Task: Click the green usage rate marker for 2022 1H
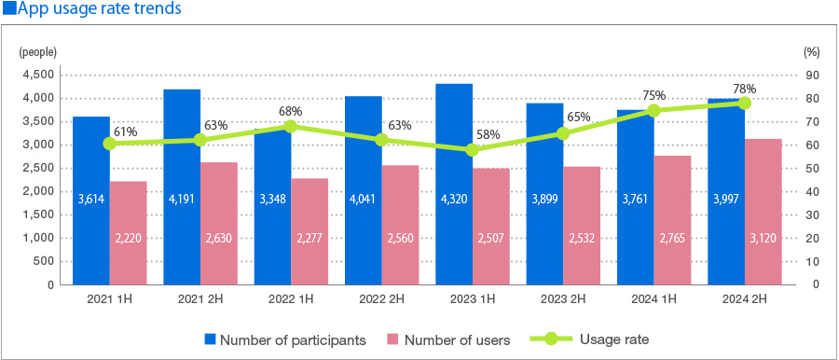pos(291,126)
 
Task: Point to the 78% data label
pos(744,89)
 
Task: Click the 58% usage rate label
pos(488,134)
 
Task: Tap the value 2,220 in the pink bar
pos(128,240)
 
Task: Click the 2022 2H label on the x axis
pos(381,299)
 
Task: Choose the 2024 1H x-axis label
pos(653,299)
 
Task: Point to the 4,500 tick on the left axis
pos(37,75)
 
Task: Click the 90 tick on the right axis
pos(812,75)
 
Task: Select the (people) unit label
pos(38,52)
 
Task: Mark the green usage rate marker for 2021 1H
pos(110,144)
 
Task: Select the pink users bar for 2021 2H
pos(218,224)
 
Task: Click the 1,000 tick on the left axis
pos(37,238)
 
